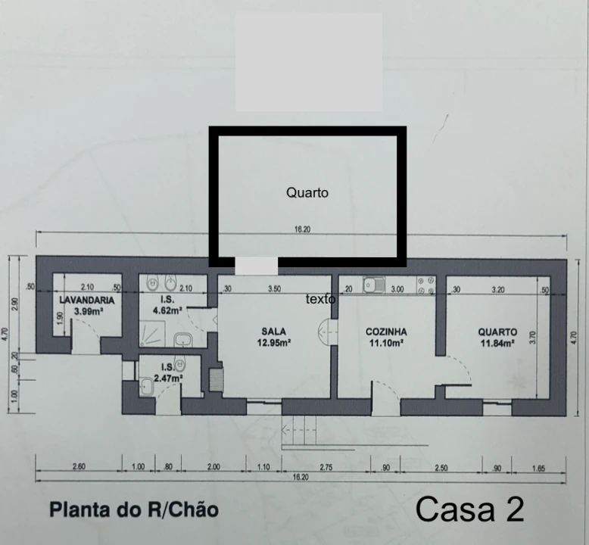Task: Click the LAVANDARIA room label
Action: [87, 300]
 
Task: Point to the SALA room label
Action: [273, 332]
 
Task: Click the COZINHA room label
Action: [386, 332]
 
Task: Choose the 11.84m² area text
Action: [497, 342]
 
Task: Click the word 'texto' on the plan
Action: [320, 299]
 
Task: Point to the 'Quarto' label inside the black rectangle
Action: [307, 193]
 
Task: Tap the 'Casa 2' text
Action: [469, 509]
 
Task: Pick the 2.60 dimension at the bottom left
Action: [79, 468]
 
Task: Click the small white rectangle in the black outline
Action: [257, 266]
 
